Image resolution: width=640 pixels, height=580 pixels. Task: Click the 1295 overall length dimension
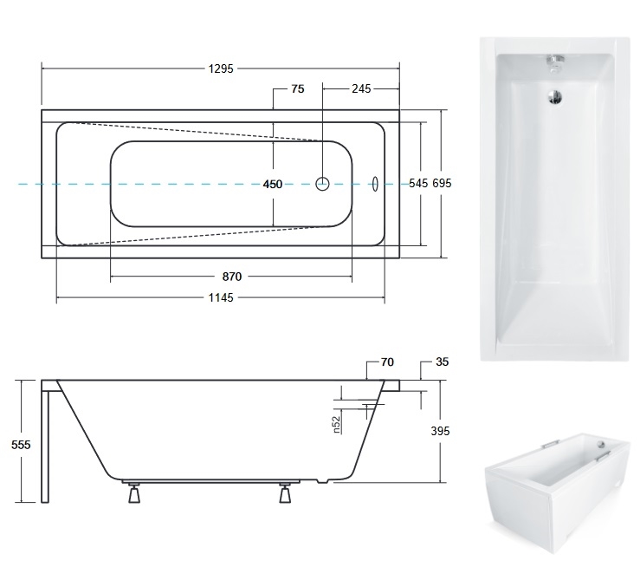tap(221, 68)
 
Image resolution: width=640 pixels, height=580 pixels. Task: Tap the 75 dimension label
tap(298, 88)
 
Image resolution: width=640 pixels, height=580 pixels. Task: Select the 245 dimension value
tap(361, 88)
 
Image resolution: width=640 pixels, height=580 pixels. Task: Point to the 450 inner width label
tap(273, 185)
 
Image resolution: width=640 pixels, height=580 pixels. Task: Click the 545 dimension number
tap(418, 183)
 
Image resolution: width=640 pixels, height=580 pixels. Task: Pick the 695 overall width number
tap(442, 183)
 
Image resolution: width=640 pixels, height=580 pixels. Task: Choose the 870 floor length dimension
tap(232, 277)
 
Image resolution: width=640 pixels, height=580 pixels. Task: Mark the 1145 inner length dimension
tap(221, 297)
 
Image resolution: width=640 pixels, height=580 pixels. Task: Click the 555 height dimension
tap(21, 444)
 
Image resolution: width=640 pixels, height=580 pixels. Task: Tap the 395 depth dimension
tap(440, 431)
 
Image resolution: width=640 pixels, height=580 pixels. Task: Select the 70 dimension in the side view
tap(387, 362)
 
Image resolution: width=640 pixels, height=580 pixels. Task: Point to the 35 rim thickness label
tap(442, 362)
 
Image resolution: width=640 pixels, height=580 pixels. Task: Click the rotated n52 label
tap(336, 425)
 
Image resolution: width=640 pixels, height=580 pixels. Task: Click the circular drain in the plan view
tap(322, 184)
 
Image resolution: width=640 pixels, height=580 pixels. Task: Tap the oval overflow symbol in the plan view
tap(375, 184)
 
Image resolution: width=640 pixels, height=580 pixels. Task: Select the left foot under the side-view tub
tap(134, 492)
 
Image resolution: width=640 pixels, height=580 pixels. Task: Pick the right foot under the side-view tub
tap(285, 492)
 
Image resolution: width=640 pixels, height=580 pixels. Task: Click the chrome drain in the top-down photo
tap(555, 97)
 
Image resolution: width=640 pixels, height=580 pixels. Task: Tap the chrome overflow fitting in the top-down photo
tap(555, 62)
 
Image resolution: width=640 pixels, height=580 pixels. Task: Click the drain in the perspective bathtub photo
tap(601, 443)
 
